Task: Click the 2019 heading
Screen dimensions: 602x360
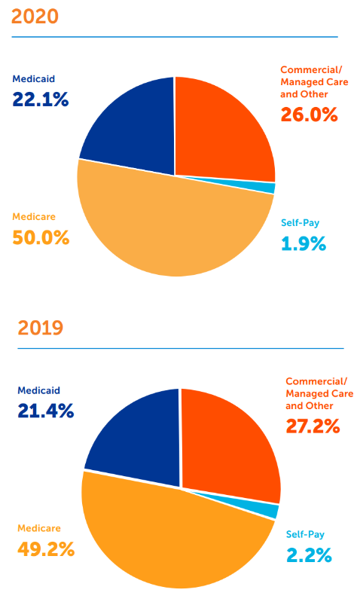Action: [41, 328]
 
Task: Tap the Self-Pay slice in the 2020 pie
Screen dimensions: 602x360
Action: [267, 188]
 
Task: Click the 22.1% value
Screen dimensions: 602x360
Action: [41, 99]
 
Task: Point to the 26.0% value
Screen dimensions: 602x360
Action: [309, 115]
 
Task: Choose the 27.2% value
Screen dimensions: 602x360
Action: [313, 426]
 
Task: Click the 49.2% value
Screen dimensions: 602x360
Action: [46, 549]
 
